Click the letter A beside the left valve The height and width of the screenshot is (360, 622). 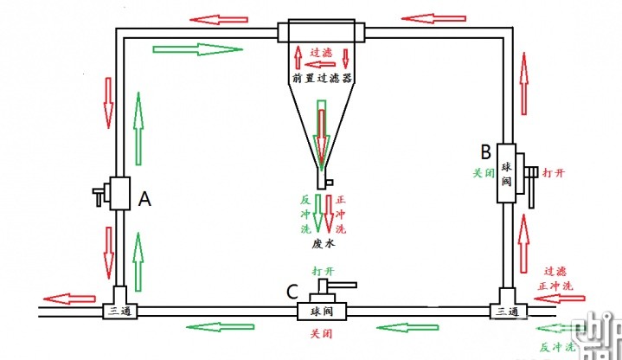pyautogui.click(x=145, y=199)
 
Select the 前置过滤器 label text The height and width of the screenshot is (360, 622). pyautogui.click(x=322, y=78)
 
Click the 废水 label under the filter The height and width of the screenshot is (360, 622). pyautogui.click(x=323, y=244)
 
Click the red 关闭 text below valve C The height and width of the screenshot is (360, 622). pyautogui.click(x=323, y=332)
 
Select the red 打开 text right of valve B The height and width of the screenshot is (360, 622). pyautogui.click(x=555, y=174)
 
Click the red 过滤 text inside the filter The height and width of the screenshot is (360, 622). pyautogui.click(x=322, y=52)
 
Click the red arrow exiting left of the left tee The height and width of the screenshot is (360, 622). pyautogui.click(x=69, y=299)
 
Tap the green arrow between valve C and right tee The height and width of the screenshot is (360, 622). pyautogui.click(x=408, y=327)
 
